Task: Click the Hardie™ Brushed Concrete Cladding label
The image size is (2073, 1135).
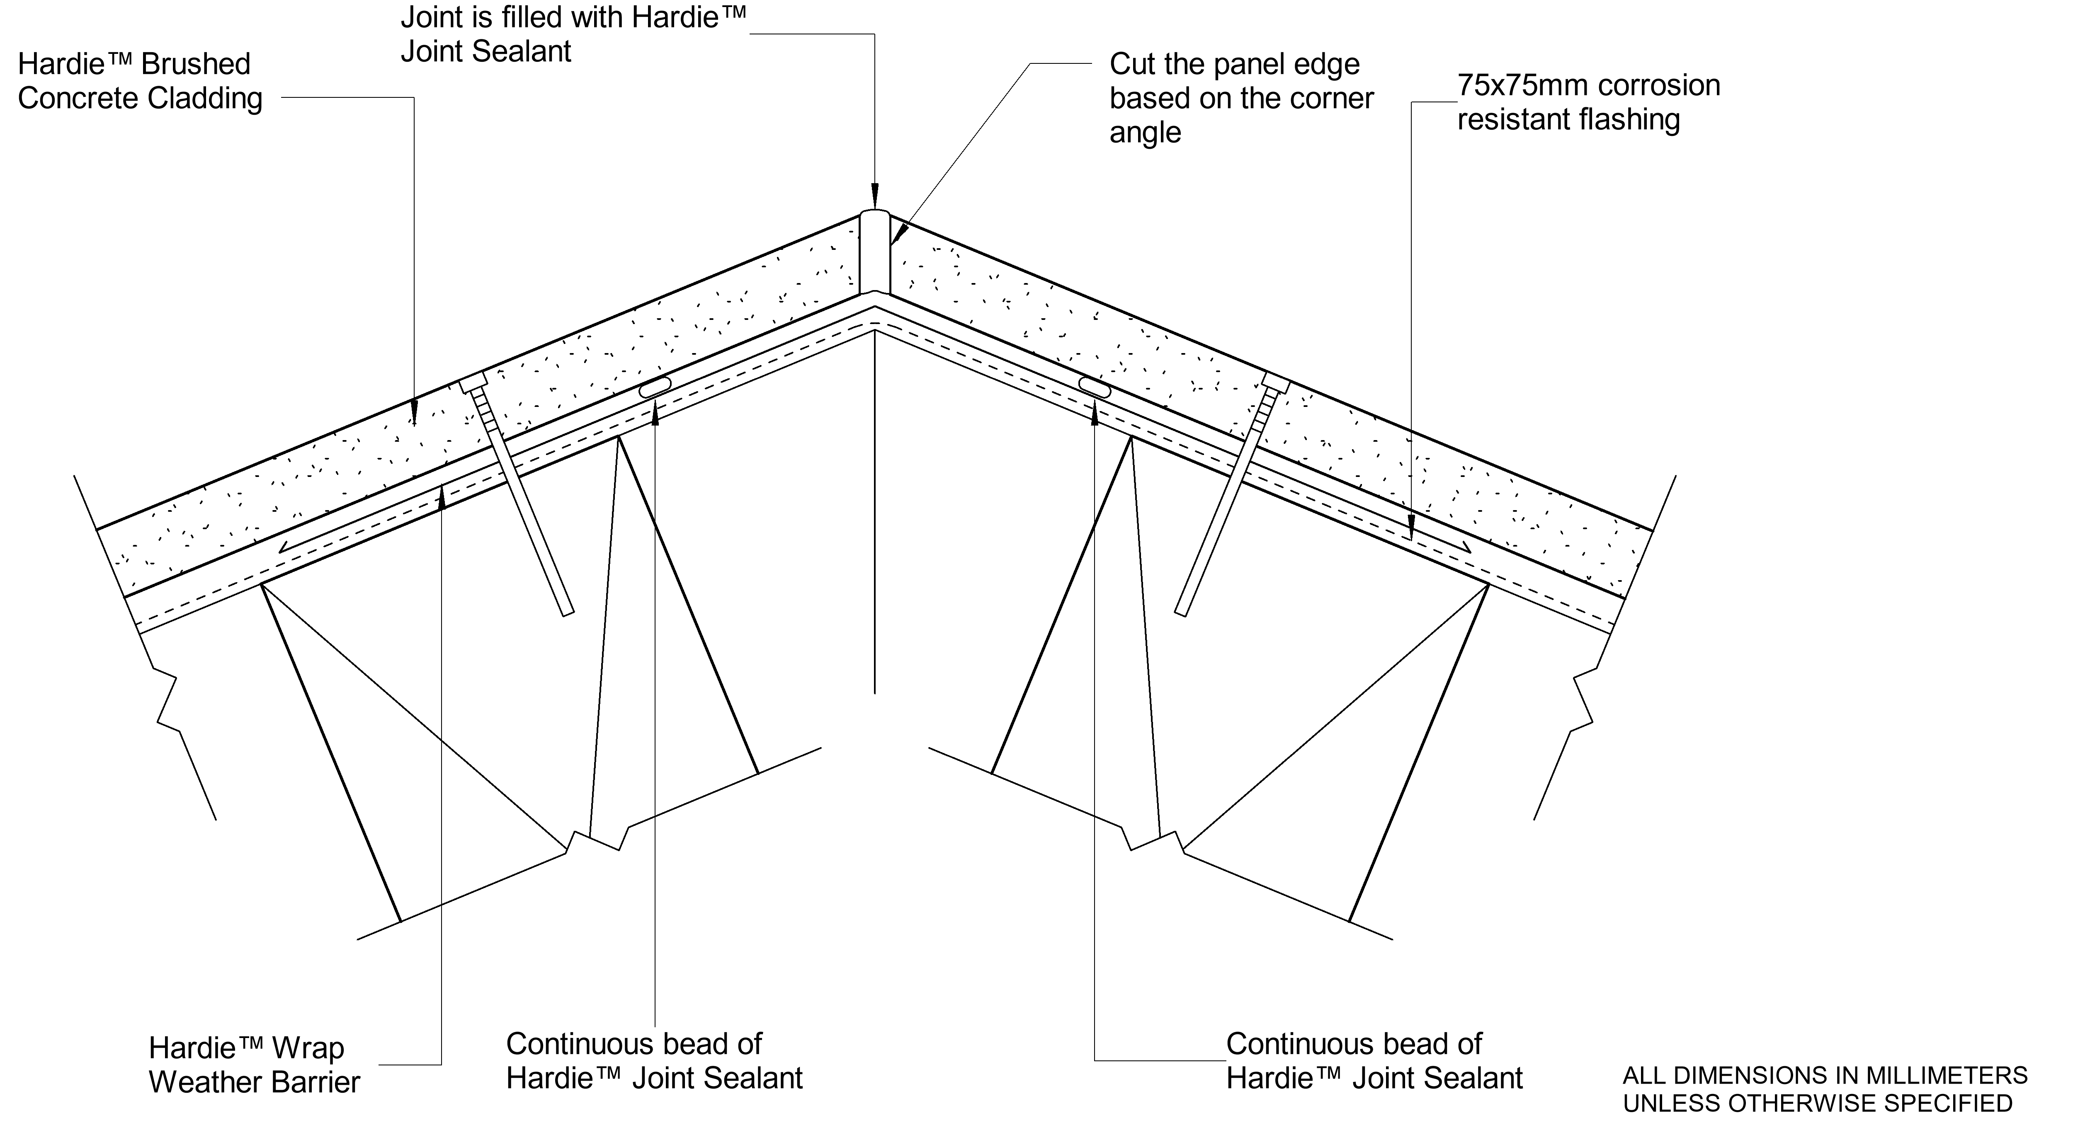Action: [x=140, y=81]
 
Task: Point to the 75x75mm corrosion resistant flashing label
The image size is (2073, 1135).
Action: [x=1588, y=102]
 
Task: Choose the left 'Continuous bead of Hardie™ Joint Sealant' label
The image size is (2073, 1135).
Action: [x=653, y=1061]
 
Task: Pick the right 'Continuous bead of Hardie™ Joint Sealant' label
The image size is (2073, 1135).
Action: [x=1374, y=1061]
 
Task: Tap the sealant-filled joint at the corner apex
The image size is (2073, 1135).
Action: [x=874, y=253]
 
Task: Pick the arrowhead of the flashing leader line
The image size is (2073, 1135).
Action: [x=1411, y=531]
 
